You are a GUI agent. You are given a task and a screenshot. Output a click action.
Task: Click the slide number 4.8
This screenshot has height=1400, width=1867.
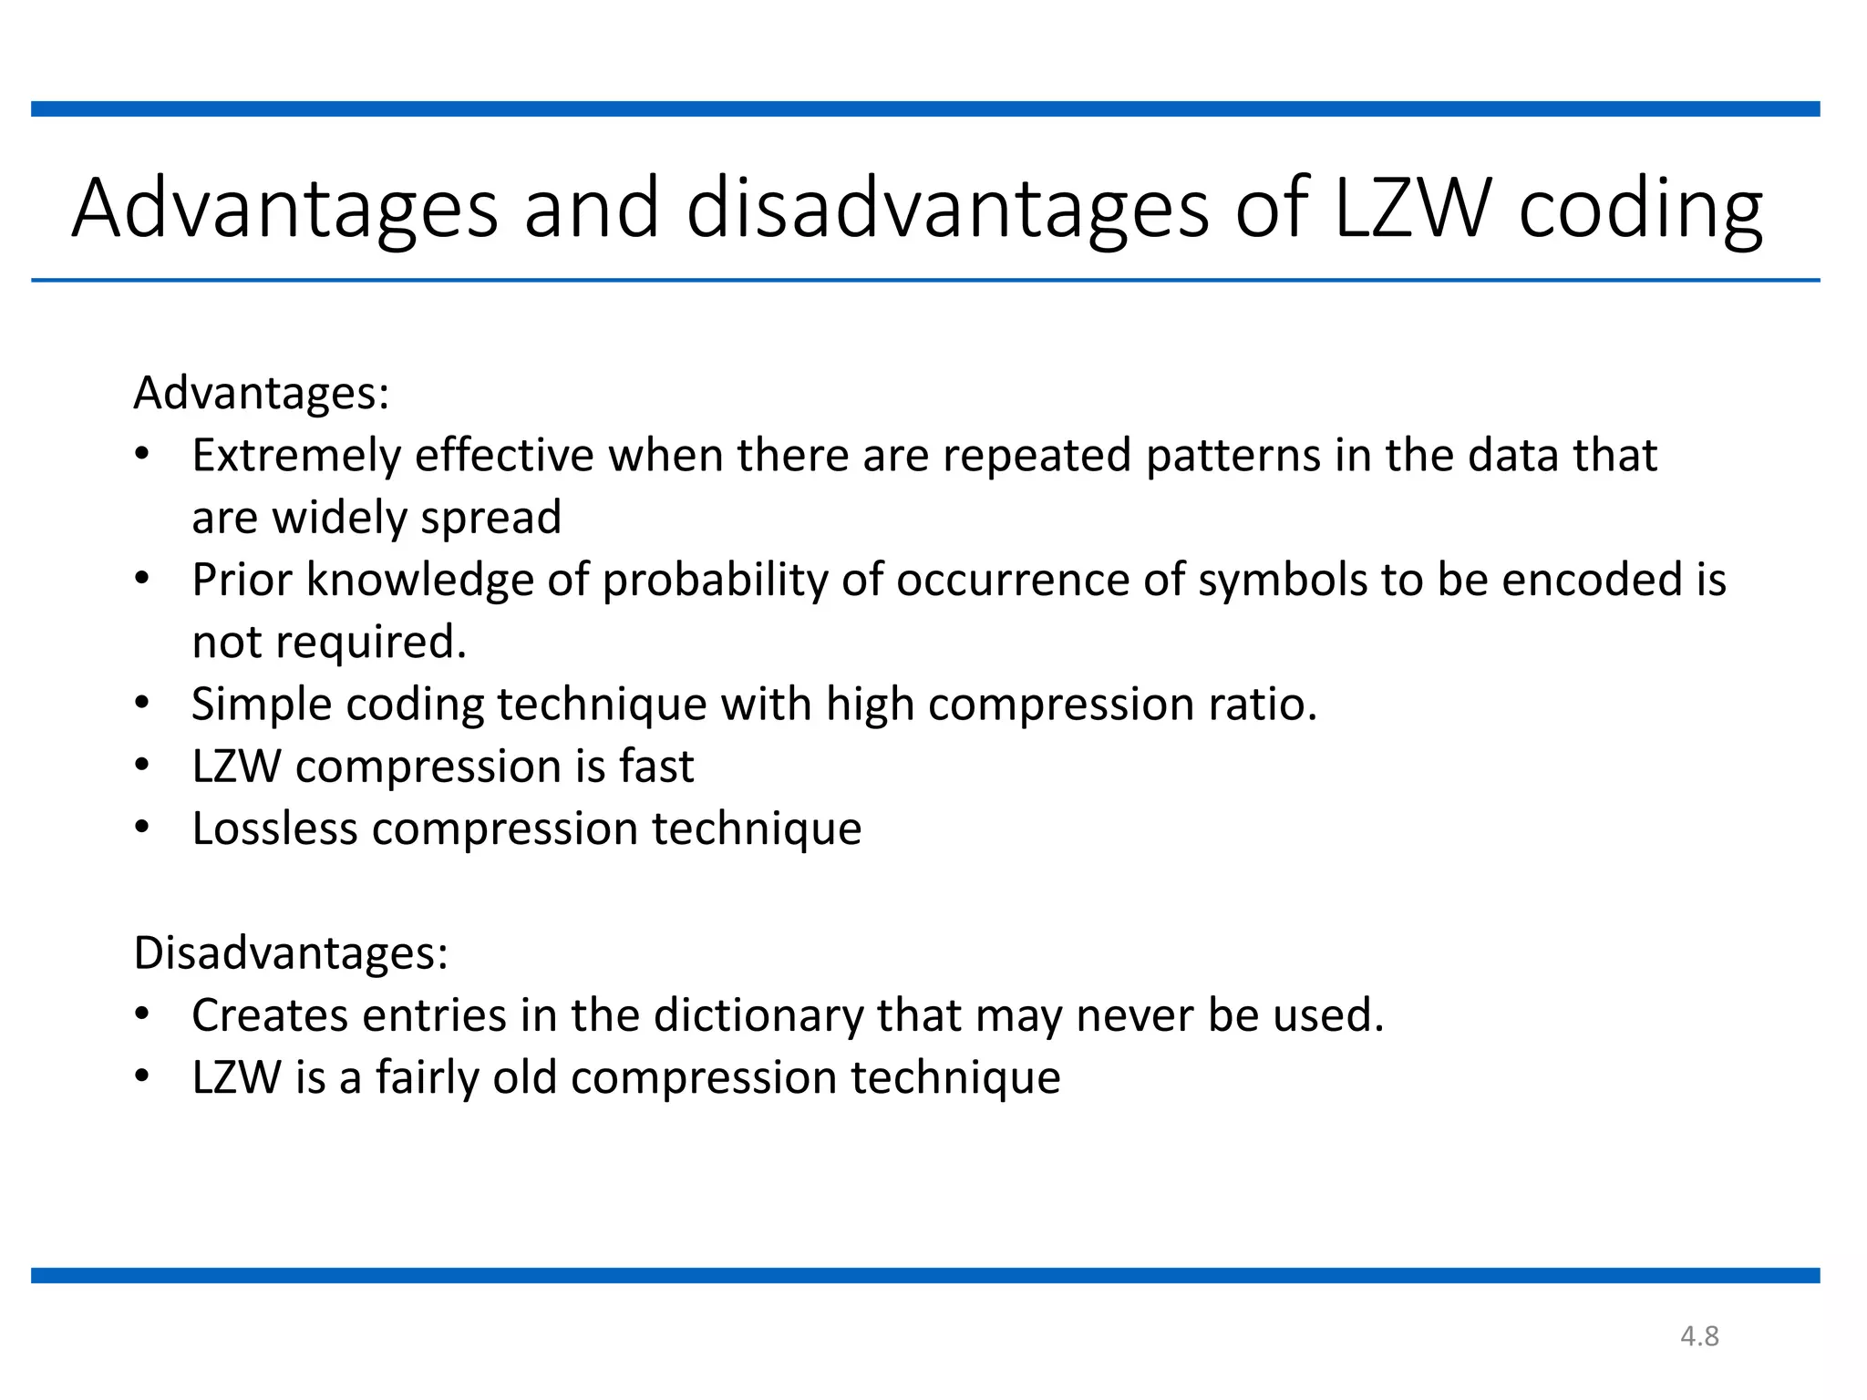1699,1336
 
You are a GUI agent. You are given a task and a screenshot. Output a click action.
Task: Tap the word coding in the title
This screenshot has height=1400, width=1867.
1640,211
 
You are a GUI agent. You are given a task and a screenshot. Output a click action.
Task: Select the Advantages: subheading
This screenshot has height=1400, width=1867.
262,394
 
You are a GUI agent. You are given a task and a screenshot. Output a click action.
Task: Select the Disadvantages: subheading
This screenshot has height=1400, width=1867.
291,953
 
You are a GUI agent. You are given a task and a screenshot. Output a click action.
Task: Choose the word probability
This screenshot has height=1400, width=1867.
715,581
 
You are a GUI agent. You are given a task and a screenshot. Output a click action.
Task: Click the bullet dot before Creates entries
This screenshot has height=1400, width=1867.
141,1014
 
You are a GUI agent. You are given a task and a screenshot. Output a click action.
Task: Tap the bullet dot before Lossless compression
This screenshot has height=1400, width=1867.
141,827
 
